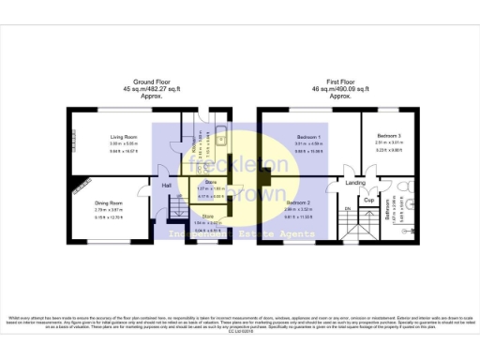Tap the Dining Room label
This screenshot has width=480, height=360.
110,202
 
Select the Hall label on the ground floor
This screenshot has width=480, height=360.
167,185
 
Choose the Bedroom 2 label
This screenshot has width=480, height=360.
298,202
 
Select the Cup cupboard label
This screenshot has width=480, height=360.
369,200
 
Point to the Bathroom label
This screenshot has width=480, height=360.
387,214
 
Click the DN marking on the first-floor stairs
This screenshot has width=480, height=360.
346,208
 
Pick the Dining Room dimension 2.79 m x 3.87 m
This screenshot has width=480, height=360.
110,211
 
